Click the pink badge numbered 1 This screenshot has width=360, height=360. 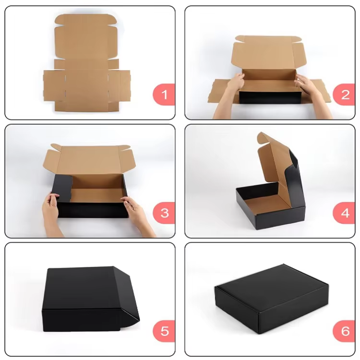(x=164, y=95)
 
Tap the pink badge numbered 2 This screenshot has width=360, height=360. (x=344, y=95)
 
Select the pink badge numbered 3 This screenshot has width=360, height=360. (x=164, y=213)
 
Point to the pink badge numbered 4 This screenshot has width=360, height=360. (x=344, y=213)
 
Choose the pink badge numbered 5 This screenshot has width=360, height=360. (x=164, y=331)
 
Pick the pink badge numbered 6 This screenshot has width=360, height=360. (x=344, y=331)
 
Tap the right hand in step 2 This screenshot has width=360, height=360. (x=312, y=94)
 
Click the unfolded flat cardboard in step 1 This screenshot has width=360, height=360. (x=87, y=63)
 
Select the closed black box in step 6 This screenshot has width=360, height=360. (x=272, y=299)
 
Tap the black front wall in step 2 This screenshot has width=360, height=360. (x=270, y=97)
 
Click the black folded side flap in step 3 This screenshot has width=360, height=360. (x=62, y=188)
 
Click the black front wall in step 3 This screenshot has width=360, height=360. (x=93, y=210)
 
